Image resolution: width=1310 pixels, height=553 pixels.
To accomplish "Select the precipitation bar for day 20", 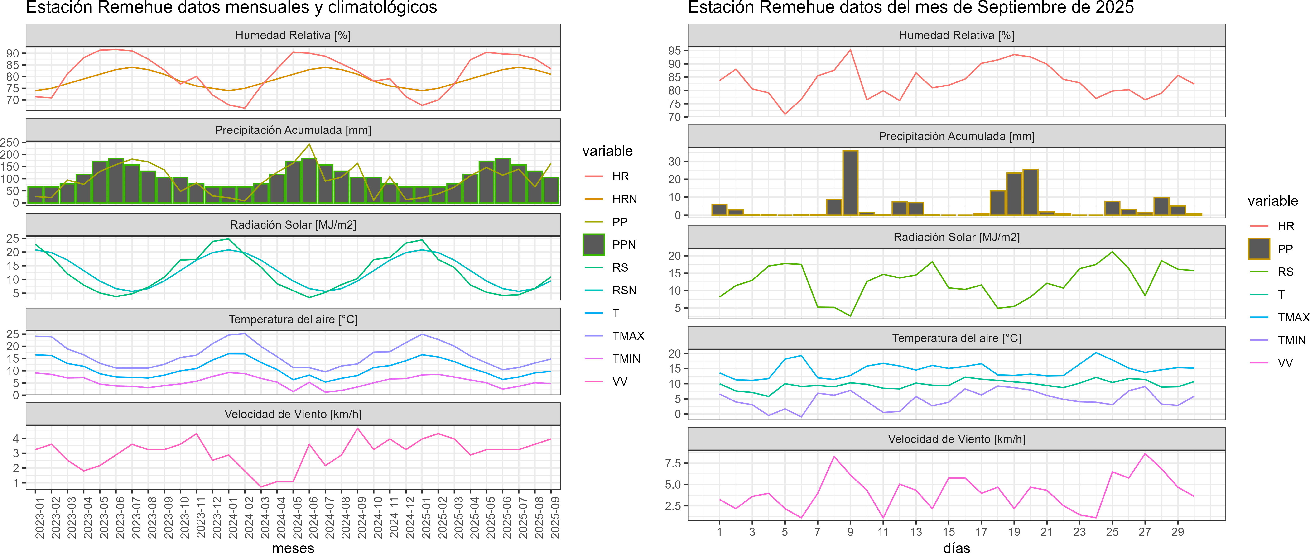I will tap(1030, 192).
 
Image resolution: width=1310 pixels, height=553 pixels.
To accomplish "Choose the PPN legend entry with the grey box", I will tap(594, 244).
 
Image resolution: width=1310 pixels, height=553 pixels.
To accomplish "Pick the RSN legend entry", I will tap(624, 290).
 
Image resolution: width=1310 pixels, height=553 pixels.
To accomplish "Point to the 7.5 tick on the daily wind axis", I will tap(673, 463).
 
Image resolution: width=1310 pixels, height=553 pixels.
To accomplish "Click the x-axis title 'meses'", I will tap(293, 547).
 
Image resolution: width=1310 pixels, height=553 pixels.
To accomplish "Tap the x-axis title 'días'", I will tap(957, 547).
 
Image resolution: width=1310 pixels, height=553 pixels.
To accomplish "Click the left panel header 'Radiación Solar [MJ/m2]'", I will tap(293, 225).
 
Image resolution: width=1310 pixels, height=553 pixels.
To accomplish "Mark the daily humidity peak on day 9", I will tap(850, 50).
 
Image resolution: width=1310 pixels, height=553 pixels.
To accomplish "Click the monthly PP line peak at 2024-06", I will tap(309, 144).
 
